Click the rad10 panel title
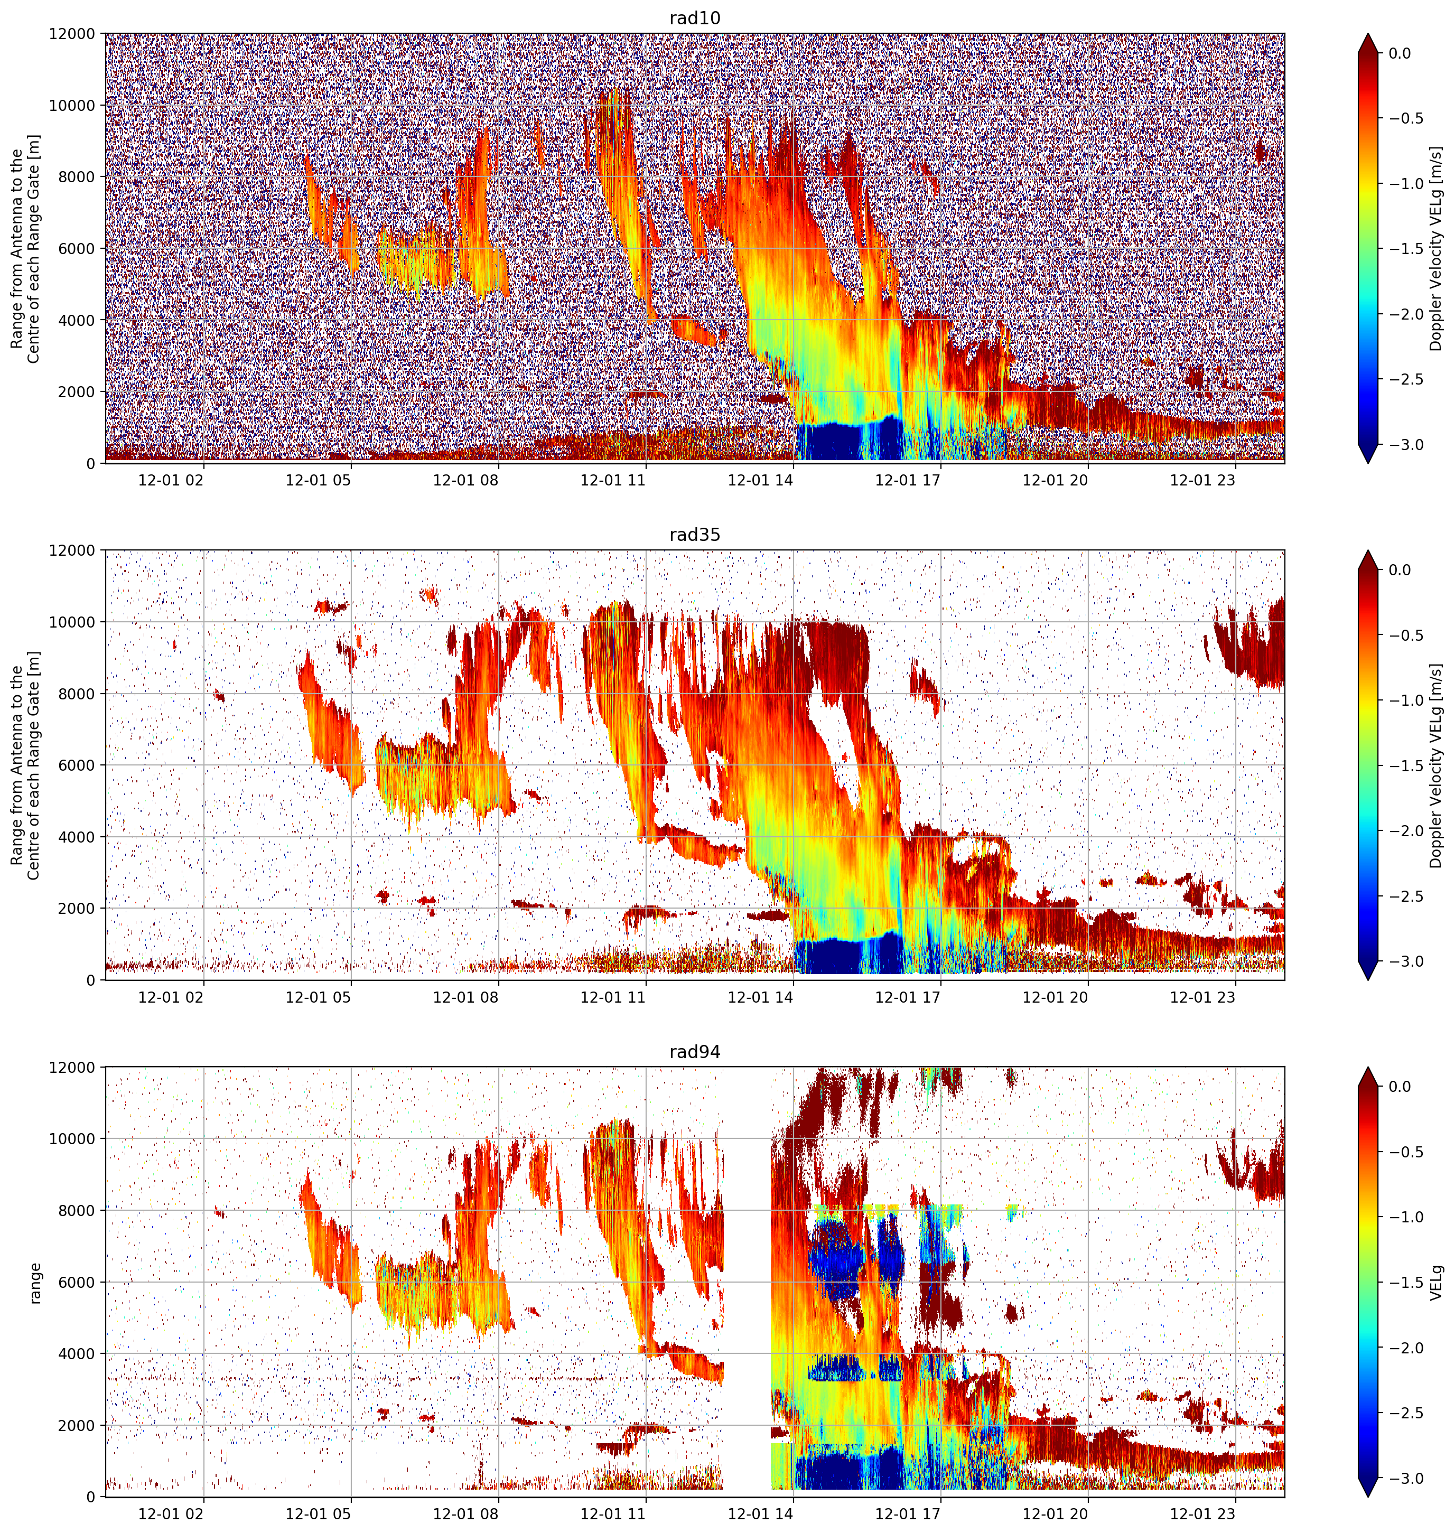click(x=695, y=18)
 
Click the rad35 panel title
click(x=695, y=535)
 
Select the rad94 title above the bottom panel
click(x=695, y=1052)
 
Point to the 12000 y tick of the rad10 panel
click(x=72, y=34)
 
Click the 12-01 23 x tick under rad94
click(x=1202, y=1513)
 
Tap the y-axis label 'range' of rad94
click(x=36, y=1283)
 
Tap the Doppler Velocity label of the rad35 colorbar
click(x=1435, y=765)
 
